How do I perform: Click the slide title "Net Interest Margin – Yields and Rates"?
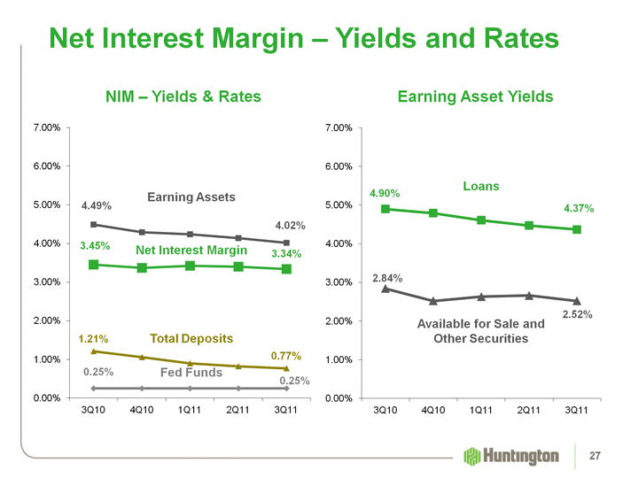tap(304, 38)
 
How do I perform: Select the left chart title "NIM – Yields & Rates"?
tap(183, 96)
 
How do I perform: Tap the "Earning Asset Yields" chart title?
tap(476, 96)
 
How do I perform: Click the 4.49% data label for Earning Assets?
tap(97, 206)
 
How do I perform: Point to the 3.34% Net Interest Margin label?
tap(286, 254)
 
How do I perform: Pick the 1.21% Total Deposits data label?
tap(93, 338)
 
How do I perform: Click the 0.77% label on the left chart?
tap(286, 356)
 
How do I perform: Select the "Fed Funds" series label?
tap(191, 373)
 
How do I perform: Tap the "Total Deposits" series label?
tap(191, 338)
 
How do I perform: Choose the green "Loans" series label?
tap(481, 186)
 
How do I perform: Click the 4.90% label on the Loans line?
tap(385, 193)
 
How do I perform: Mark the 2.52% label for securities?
tap(577, 314)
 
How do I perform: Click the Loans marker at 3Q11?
tap(577, 229)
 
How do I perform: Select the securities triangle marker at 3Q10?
tap(385, 288)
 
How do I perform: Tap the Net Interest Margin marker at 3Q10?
tap(93, 264)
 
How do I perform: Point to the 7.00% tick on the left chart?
tap(45, 128)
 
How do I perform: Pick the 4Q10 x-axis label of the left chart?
tap(142, 411)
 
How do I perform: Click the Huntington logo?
tap(511, 456)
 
